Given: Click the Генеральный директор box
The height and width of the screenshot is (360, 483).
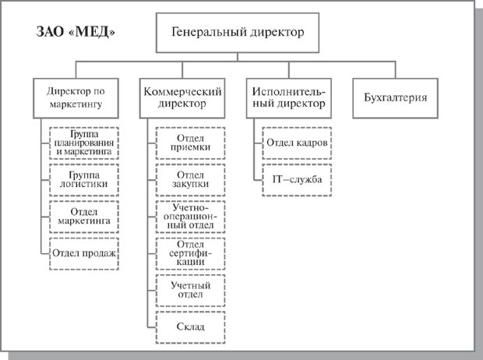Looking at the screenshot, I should coord(236,34).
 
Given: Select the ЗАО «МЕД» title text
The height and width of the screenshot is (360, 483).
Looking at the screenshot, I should coord(77,33).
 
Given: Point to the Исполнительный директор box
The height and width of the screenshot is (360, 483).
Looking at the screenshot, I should coord(288,97).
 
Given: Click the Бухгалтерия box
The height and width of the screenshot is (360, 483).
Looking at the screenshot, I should coord(391,97).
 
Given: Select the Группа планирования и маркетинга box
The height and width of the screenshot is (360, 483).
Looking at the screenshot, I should coord(83,143).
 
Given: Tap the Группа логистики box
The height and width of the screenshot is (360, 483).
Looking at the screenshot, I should coord(83,180).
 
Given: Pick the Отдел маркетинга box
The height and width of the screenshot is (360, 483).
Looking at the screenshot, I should coord(83,216).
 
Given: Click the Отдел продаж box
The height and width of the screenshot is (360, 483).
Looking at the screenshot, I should coord(83,252).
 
